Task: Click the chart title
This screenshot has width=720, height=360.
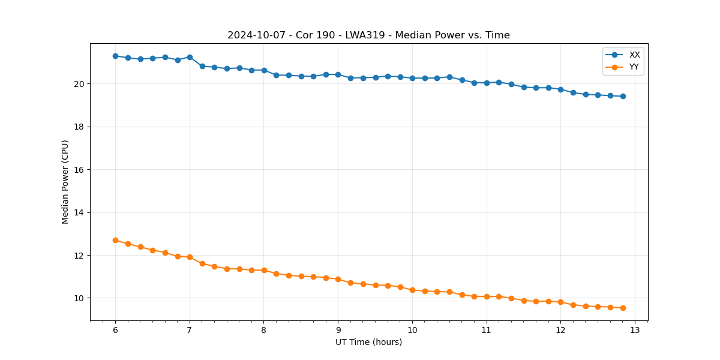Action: (368, 35)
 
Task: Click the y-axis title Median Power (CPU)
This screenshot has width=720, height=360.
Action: (65, 182)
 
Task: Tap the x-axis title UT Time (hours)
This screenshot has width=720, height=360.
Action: (368, 342)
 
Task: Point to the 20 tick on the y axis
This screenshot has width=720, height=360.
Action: (80, 84)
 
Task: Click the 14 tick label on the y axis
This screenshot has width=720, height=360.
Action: (80, 212)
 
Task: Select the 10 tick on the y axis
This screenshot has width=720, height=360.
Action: (80, 298)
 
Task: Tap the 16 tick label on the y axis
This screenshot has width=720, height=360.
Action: (80, 170)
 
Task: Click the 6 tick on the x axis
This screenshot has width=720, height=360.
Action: (115, 330)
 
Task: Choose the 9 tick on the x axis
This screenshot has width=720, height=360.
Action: (338, 330)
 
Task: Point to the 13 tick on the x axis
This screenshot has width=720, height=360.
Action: (635, 330)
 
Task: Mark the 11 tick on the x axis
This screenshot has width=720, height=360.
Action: (487, 330)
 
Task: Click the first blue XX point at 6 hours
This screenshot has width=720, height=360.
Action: (115, 56)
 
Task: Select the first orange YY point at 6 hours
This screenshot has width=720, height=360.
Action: (115, 240)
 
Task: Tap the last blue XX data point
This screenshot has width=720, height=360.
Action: (623, 96)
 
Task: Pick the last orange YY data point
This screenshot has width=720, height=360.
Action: (623, 308)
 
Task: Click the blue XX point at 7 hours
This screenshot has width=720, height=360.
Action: (190, 57)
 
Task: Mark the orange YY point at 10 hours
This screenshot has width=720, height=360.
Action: (412, 290)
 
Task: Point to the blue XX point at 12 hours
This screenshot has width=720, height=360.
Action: (560, 89)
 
